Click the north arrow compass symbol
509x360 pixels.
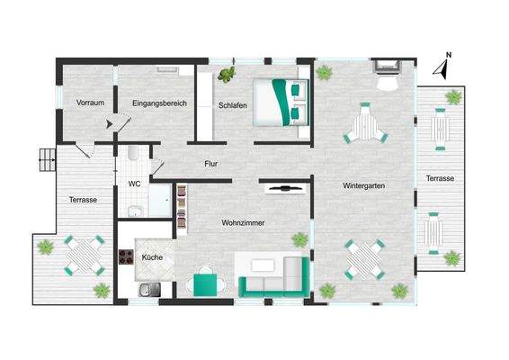442,66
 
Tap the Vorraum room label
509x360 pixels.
90,103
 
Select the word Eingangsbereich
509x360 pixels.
158,103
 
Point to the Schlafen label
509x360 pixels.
233,105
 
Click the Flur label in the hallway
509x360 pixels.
211,164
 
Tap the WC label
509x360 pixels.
134,184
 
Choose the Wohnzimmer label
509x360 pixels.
243,222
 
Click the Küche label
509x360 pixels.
152,258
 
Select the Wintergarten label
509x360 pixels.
364,186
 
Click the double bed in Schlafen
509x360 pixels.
281,101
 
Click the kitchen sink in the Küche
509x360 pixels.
150,290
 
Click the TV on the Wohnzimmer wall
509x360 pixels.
285,188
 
